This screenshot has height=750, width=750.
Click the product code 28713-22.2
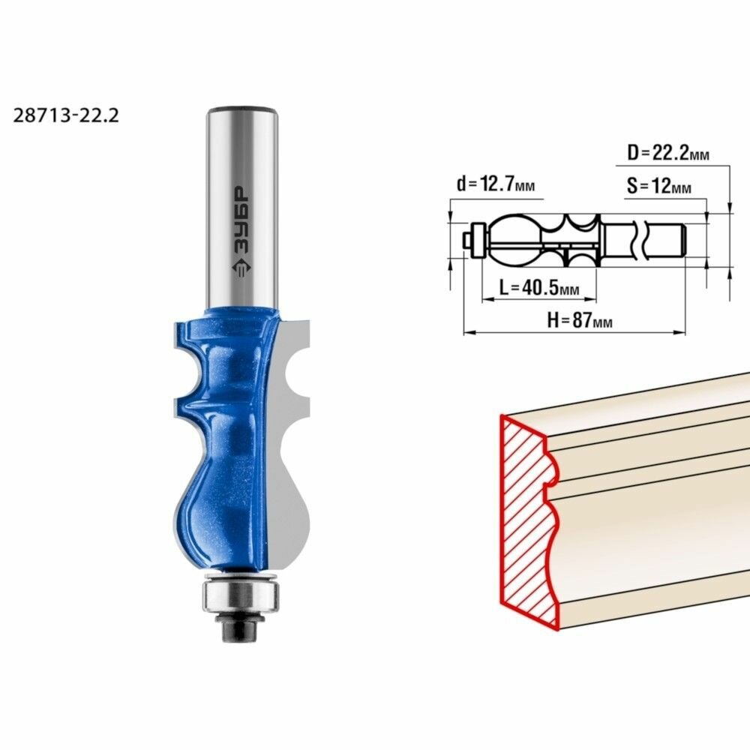[66, 115]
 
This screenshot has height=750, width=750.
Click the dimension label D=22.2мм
[668, 154]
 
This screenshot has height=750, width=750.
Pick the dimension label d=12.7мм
[495, 184]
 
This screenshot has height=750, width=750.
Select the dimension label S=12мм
[658, 185]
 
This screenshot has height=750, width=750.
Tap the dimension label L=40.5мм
[539, 288]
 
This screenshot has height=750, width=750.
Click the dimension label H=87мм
[579, 320]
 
